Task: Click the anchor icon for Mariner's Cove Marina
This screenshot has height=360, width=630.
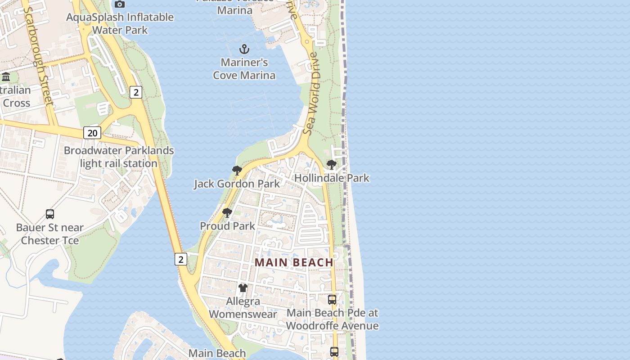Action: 244,49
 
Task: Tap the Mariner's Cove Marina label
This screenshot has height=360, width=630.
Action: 244,69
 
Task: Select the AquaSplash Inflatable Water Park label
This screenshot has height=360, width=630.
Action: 120,24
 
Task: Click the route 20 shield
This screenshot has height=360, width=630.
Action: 92,133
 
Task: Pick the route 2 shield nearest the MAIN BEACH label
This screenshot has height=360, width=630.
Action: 181,259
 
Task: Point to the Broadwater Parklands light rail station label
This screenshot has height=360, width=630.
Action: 119,157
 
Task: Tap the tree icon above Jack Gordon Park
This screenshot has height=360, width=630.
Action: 237,170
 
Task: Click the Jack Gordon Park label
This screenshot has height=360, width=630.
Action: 237,184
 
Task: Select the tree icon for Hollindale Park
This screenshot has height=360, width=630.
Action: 332,165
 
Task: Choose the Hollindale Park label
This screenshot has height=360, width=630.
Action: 332,178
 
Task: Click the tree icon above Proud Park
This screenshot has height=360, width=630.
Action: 227,212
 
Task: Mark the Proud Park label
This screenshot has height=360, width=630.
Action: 227,226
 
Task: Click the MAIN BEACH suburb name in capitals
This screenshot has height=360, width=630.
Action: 294,262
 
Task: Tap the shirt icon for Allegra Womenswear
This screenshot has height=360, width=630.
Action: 243,288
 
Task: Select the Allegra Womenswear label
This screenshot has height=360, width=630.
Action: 243,308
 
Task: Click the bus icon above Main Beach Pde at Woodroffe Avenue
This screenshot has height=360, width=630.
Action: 332,299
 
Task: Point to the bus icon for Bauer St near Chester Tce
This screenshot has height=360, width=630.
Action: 50,214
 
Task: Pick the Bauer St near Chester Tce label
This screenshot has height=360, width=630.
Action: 50,234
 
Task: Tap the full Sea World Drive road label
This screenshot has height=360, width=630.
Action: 311,93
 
